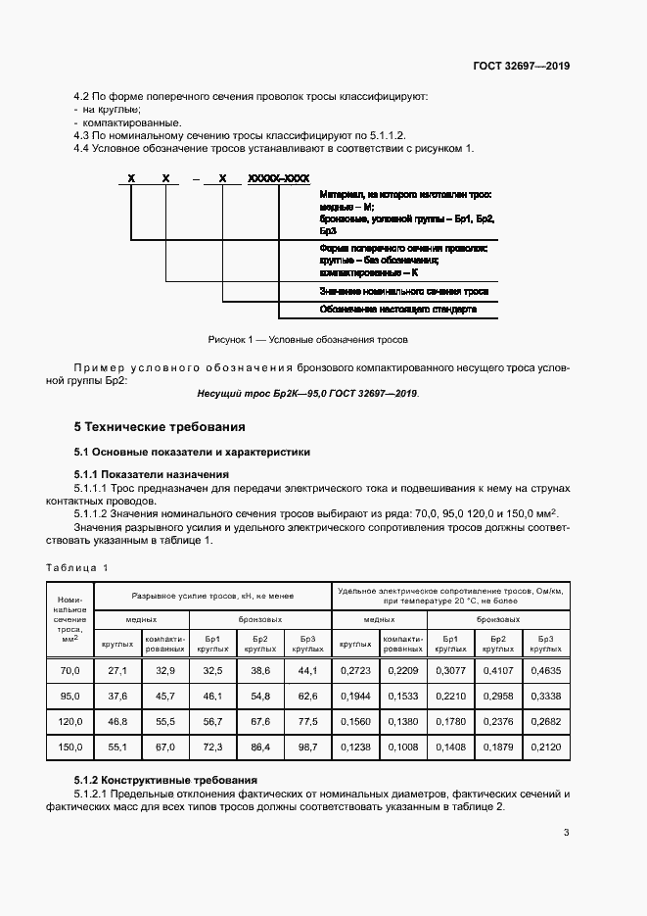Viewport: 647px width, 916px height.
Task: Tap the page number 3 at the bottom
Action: coord(566,834)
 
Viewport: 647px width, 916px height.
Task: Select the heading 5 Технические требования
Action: coord(160,427)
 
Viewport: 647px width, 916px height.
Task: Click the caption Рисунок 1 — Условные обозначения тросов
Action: coord(307,339)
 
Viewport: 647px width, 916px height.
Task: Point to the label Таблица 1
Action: coord(78,567)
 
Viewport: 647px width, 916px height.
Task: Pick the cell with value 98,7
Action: coord(308,747)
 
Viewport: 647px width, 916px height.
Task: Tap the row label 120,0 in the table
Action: coord(69,721)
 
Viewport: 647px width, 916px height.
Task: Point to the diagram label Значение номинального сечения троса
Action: coord(403,292)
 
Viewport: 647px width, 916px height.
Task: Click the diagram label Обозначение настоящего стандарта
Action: coord(397,309)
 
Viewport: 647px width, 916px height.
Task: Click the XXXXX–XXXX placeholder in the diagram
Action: coord(279,178)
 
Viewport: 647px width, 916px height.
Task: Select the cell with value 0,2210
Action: coord(450,696)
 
